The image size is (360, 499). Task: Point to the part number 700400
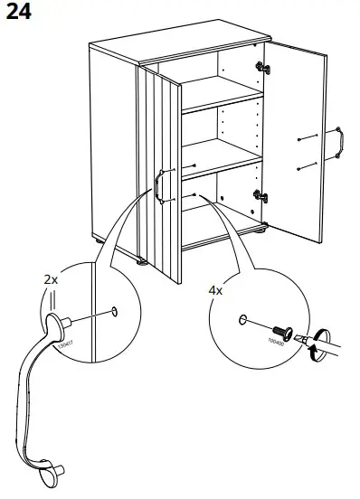(275, 342)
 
